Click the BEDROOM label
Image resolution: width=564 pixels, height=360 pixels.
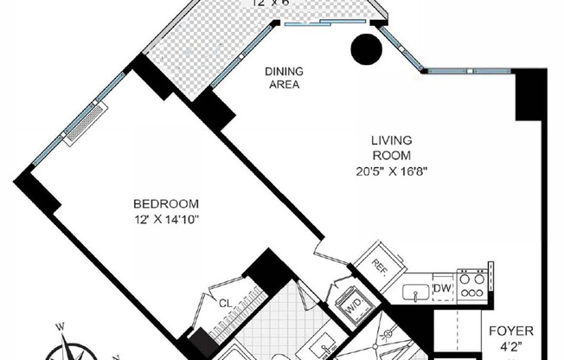coord(166,203)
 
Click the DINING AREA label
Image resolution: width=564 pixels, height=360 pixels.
coord(282,79)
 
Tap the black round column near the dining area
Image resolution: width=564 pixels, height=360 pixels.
coord(366,48)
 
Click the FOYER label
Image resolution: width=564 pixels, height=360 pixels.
coord(511,331)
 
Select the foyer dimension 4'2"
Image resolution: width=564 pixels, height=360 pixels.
coord(511,348)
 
